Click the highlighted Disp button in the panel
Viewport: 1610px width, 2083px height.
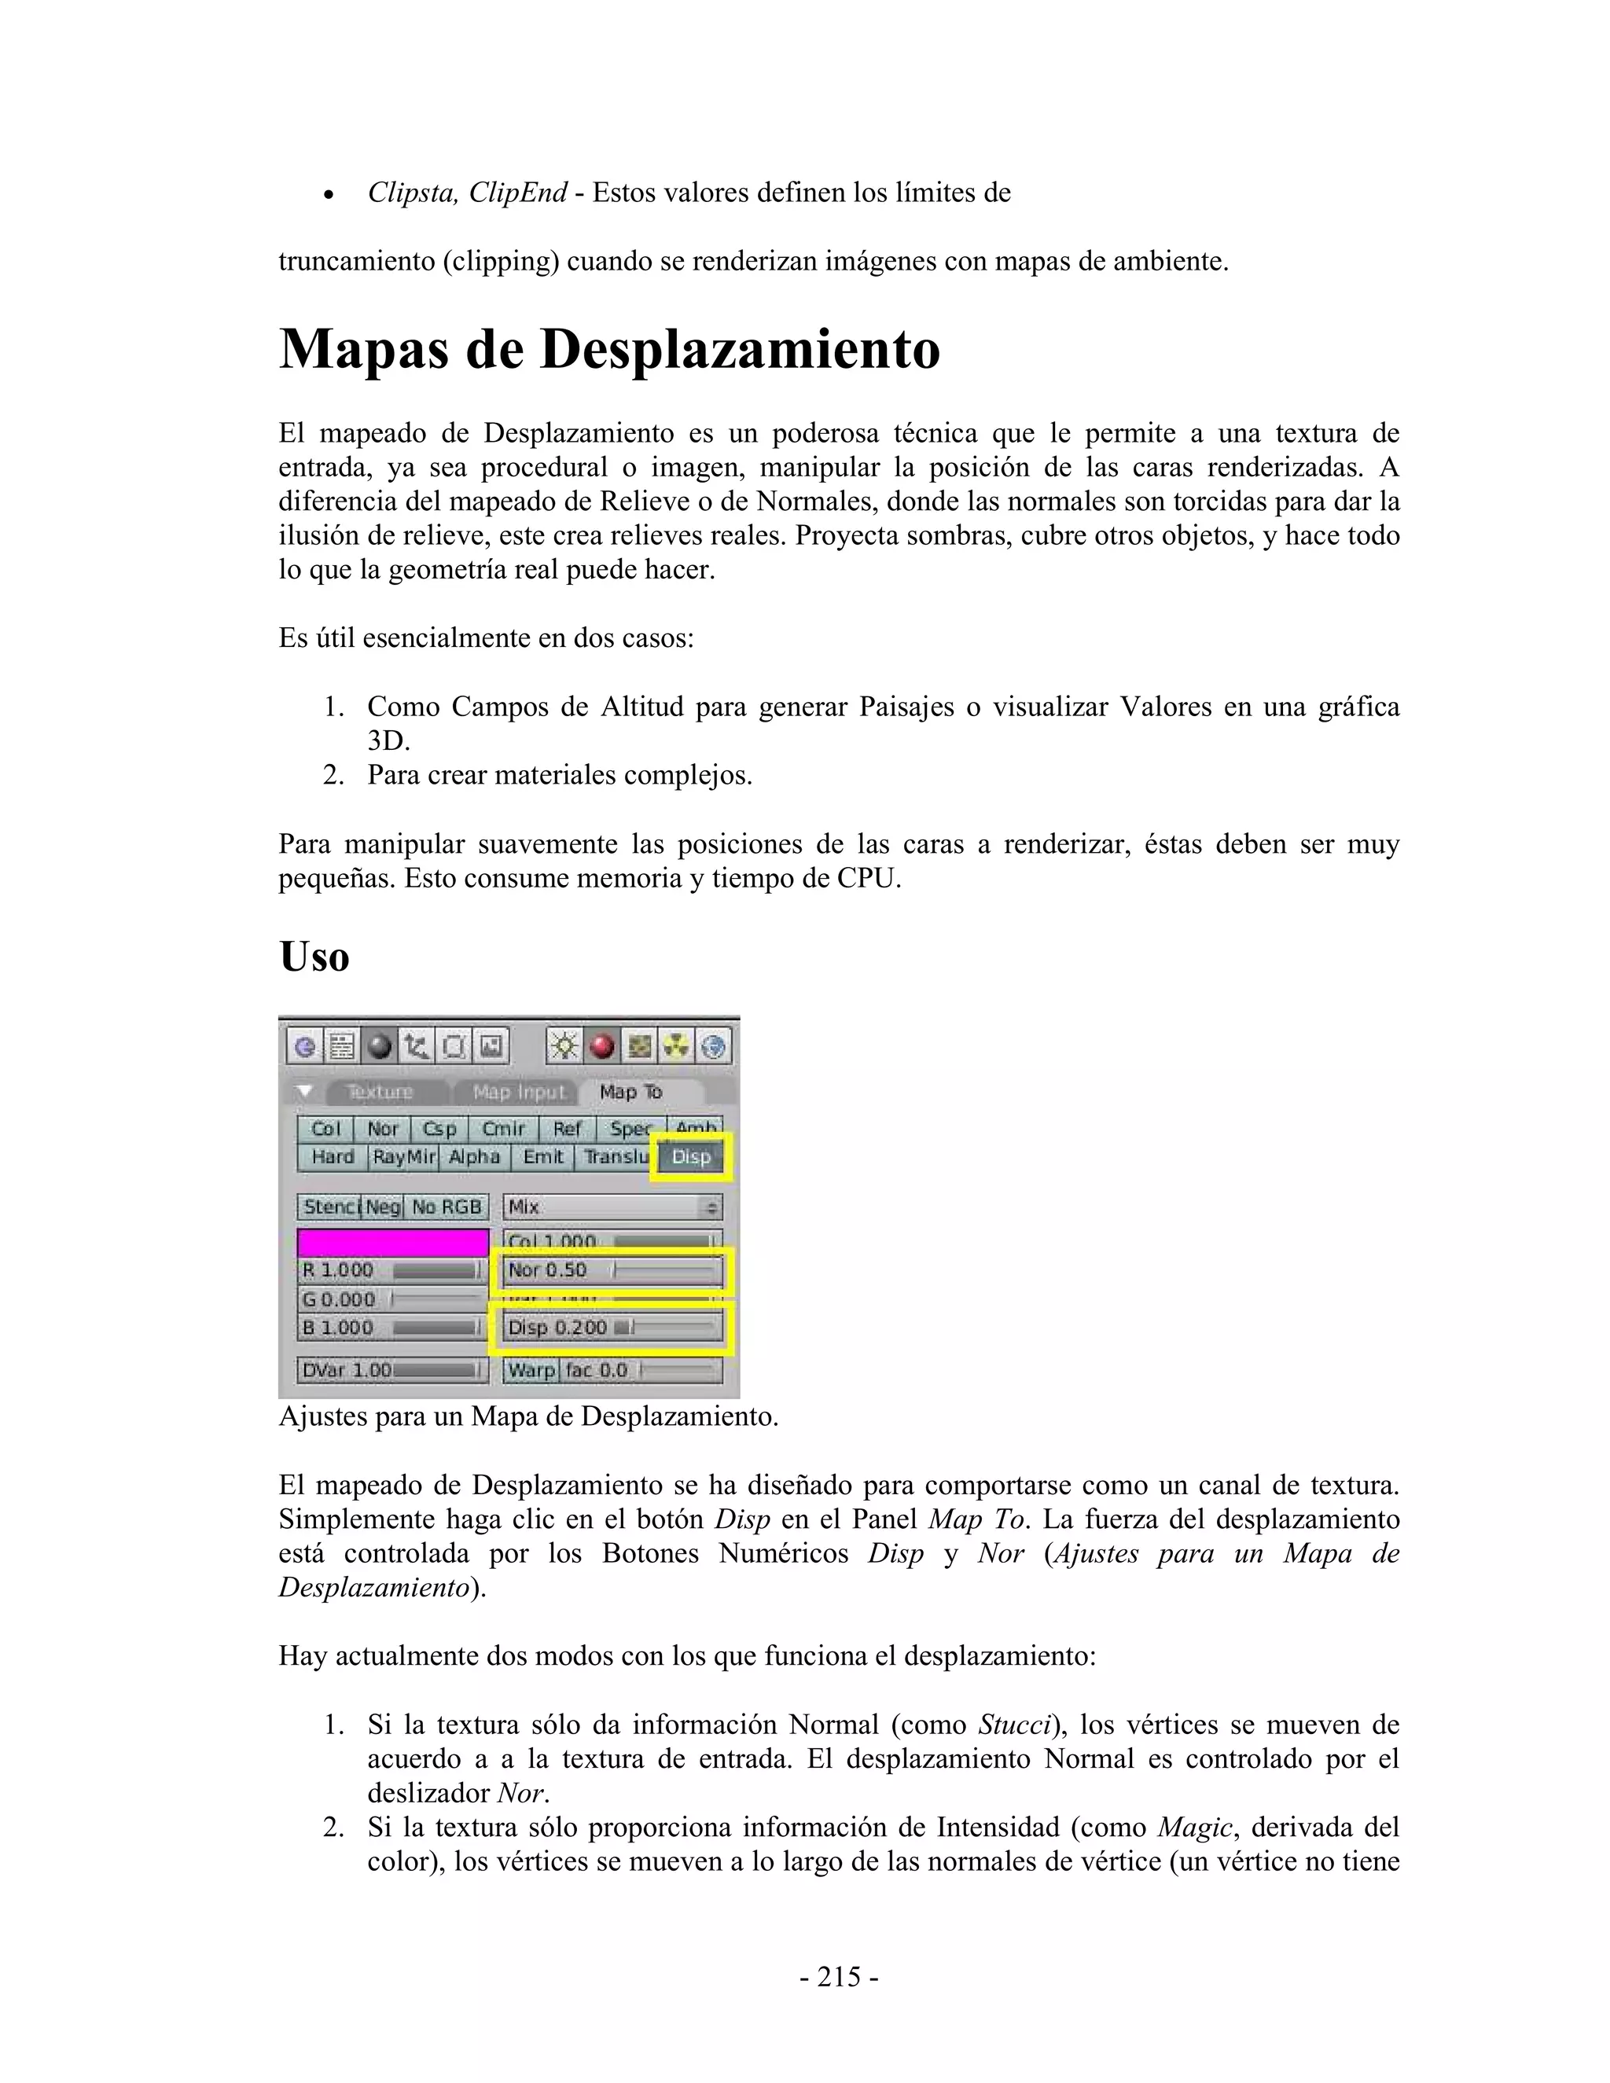690,1157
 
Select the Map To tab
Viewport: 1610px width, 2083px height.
630,1092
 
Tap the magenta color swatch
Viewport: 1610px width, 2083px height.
393,1242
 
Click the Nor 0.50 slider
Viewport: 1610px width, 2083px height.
612,1270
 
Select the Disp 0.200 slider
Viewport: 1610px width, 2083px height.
612,1328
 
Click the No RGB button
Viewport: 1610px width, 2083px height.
447,1207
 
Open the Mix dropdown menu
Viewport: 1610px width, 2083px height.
612,1207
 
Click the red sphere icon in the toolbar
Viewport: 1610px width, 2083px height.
602,1047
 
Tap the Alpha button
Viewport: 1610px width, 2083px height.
474,1157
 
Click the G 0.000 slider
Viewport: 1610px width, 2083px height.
393,1299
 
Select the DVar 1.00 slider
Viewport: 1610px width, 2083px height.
393,1371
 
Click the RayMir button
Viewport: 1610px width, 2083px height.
403,1157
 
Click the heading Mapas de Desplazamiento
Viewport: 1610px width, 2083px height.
608,349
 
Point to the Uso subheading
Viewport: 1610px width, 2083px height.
314,957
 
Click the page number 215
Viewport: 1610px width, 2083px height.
838,1977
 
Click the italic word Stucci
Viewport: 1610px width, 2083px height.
1015,1725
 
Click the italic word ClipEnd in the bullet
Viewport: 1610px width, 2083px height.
518,193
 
